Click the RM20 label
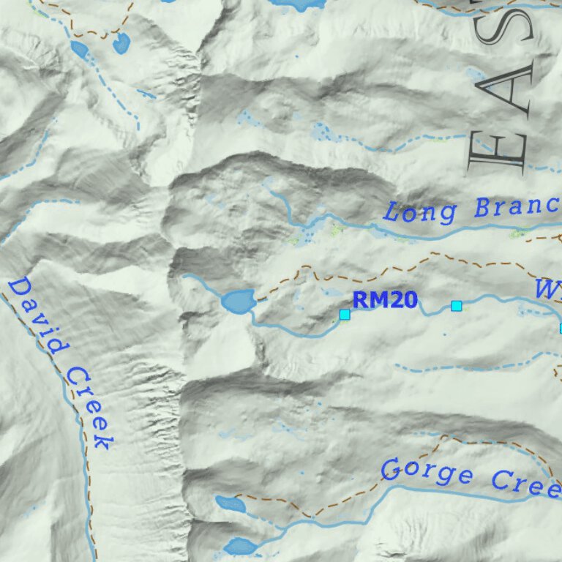384,299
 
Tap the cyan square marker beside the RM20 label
345,314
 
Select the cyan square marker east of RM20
457,305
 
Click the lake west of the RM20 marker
239,300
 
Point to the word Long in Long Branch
420,212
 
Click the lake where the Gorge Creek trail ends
231,503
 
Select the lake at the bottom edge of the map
240,546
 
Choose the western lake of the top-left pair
79,49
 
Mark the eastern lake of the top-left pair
121,42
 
